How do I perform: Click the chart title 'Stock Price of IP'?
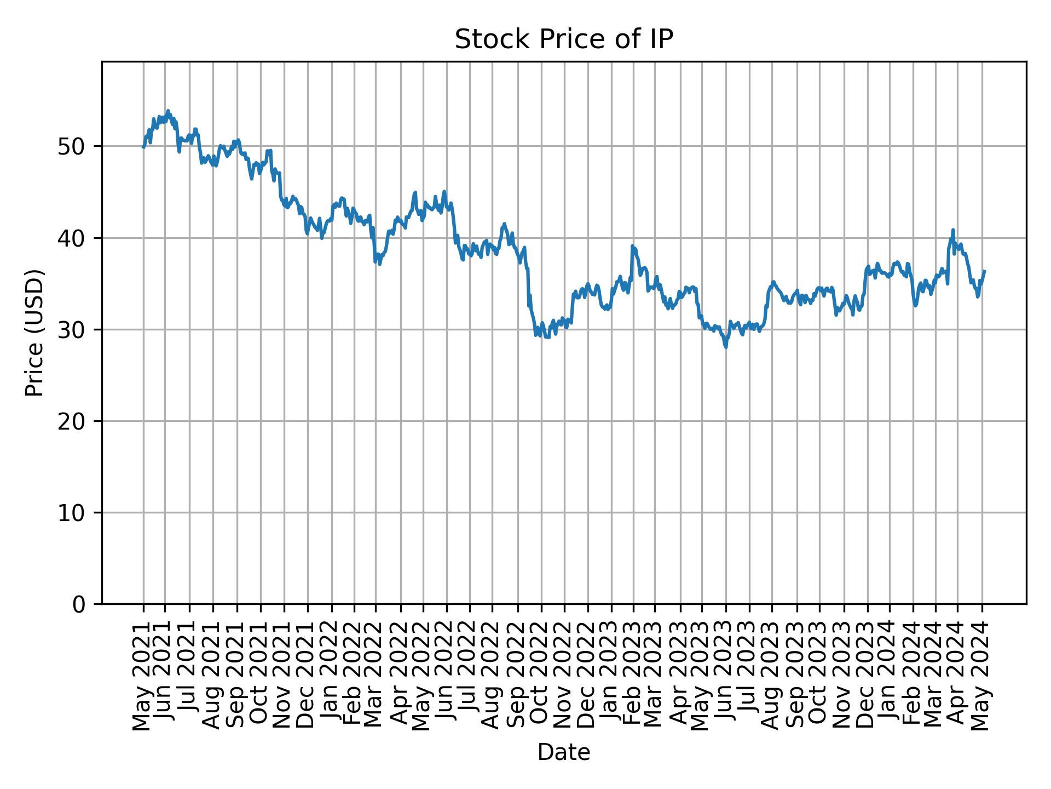coord(563,40)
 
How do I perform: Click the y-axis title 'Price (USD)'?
coord(34,333)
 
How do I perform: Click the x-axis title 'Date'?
coord(563,753)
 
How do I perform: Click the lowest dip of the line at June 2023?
coord(726,347)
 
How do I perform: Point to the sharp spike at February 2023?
coord(632,246)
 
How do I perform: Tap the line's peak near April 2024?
coord(953,230)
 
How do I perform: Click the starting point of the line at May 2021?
coord(143,147)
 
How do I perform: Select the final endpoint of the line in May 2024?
coord(985,271)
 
